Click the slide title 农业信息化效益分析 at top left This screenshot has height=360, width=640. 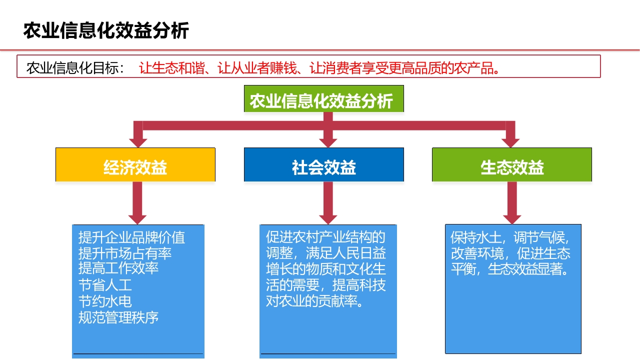[x=106, y=30]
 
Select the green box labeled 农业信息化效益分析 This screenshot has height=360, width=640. [x=323, y=98]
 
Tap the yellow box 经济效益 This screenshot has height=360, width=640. [x=135, y=164]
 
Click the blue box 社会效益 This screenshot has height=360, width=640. [x=323, y=164]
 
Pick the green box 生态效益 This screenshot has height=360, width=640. [x=511, y=164]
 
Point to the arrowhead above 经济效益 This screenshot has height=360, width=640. [x=138, y=142]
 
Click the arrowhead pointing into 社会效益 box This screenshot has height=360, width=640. [x=328, y=142]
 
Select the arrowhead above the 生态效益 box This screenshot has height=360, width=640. [x=510, y=142]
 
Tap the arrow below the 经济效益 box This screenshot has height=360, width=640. [x=137, y=203]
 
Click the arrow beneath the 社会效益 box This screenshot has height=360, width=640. [x=328, y=203]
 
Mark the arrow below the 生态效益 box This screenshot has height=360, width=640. [x=512, y=203]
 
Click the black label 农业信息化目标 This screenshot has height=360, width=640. [x=71, y=68]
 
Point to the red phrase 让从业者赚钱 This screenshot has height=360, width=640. [x=257, y=68]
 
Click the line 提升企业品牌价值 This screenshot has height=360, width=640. [x=131, y=237]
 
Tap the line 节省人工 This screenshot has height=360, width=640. [x=105, y=285]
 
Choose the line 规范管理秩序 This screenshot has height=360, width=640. [x=118, y=317]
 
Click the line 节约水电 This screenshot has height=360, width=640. [x=105, y=301]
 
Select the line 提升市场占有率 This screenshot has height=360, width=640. [x=125, y=253]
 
